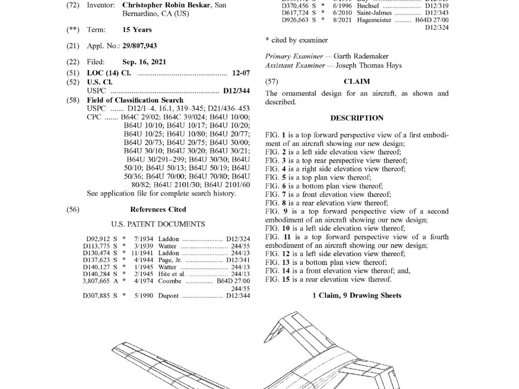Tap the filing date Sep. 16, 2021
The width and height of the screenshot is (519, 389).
(x=145, y=62)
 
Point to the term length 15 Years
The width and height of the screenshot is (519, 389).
(x=137, y=30)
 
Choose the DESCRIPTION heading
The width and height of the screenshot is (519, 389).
(x=357, y=118)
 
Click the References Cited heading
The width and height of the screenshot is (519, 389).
(x=158, y=210)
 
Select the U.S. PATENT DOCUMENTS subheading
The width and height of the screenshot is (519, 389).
(x=158, y=224)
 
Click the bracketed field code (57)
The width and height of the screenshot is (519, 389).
(x=272, y=82)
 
